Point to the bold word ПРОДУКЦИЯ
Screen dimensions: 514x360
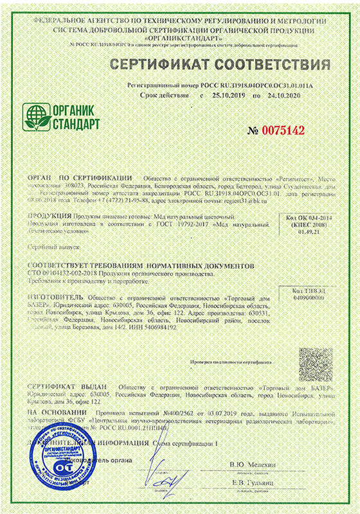tap(49, 218)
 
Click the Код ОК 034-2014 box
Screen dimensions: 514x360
tap(304, 226)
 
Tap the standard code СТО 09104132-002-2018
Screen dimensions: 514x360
tap(68, 273)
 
